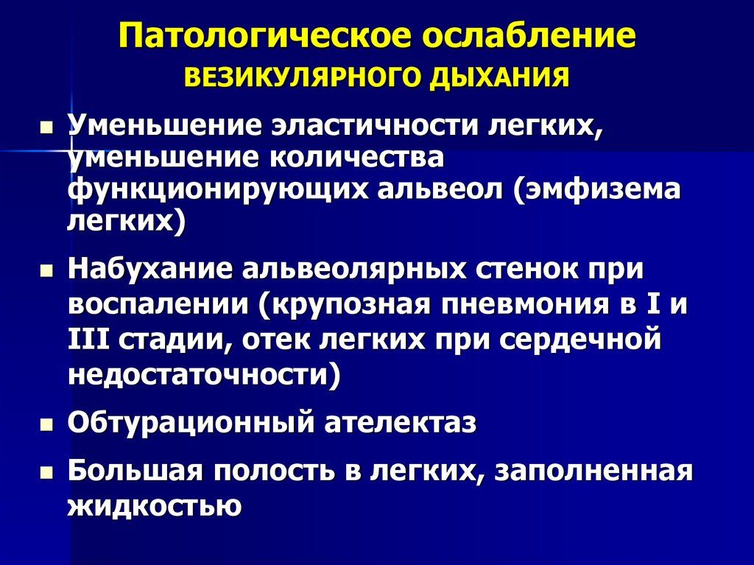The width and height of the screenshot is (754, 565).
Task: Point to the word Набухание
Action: pyautogui.click(x=147, y=269)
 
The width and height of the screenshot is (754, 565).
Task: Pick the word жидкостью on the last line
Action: pyautogui.click(x=154, y=506)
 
